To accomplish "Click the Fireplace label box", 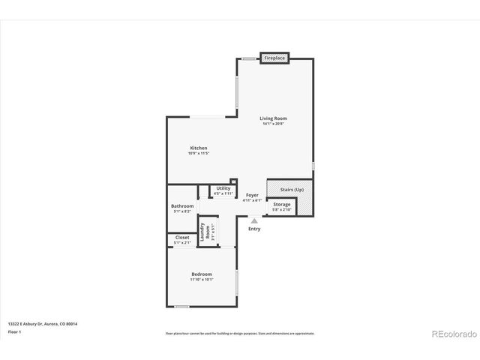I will [274, 57].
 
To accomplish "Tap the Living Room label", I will [273, 118].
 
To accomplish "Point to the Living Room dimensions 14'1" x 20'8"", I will [273, 124].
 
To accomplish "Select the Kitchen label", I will [198, 148].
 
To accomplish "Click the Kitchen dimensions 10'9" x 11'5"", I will [198, 153].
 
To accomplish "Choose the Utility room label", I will [223, 188].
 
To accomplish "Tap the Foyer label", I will [253, 195].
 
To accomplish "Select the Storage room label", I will [282, 204].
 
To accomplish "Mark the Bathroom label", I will [182, 205].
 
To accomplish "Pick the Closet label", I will [182, 238].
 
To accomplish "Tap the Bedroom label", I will [201, 274].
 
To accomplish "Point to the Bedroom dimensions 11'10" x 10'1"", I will [201, 280].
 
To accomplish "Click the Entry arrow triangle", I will [254, 220].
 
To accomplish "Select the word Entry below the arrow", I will [254, 229].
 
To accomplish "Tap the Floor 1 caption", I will [15, 331].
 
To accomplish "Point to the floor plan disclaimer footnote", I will [239, 333].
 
